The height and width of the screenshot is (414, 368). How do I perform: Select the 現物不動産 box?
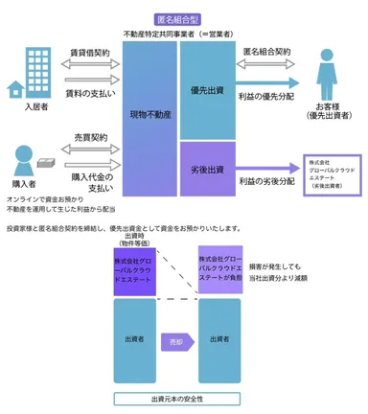point(150,114)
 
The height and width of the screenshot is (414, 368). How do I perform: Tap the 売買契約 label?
point(88,138)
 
